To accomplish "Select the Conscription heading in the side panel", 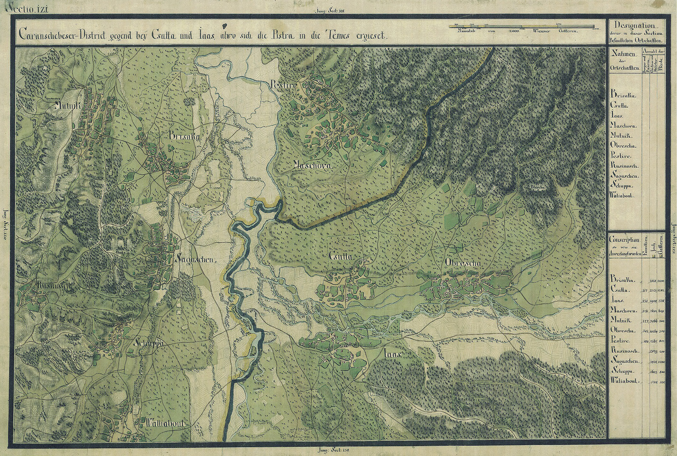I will pyautogui.click(x=624, y=240).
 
